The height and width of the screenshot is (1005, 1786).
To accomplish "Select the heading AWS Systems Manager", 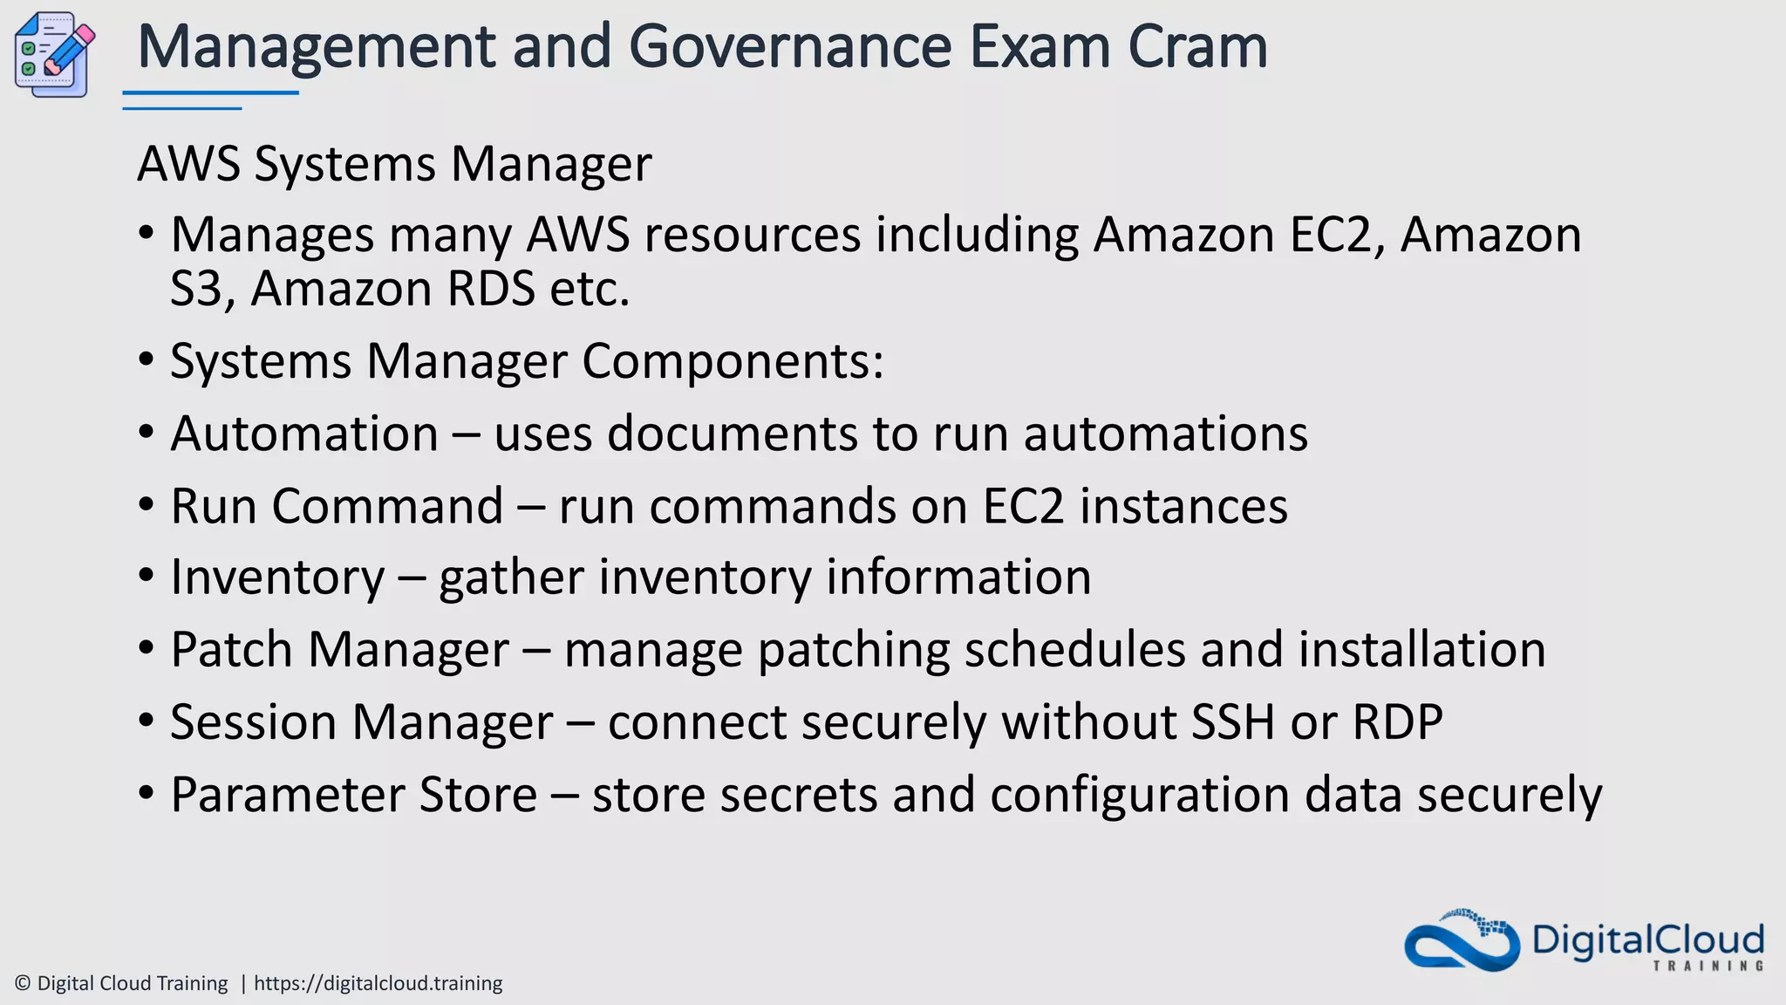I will pos(394,163).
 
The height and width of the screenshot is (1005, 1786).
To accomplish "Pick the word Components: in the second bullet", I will pos(733,361).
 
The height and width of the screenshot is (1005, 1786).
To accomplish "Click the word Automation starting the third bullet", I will pos(304,434).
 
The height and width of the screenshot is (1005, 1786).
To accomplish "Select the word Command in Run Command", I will pos(387,506).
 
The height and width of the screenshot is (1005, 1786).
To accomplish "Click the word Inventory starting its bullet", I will pos(277,578).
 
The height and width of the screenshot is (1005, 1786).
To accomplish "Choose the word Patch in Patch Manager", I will pos(231,650).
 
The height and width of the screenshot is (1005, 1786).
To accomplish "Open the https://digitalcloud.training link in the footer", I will pos(378,983).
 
